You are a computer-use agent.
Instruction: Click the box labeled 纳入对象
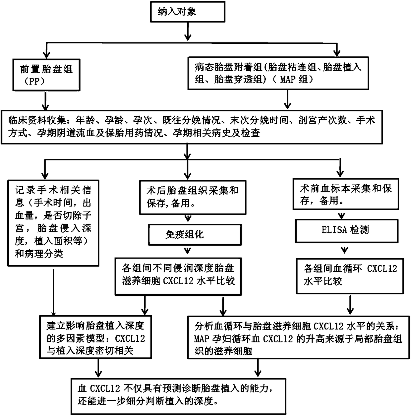pyautogui.click(x=188, y=12)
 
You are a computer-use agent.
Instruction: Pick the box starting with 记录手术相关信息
pyautogui.click(x=53, y=222)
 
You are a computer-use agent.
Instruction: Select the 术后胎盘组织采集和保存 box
pyautogui.click(x=192, y=197)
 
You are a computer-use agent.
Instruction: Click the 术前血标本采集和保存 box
pyautogui.click(x=346, y=194)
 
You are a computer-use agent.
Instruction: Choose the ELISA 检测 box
pyautogui.click(x=346, y=230)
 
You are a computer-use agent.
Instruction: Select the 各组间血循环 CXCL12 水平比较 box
pyautogui.click(x=350, y=275)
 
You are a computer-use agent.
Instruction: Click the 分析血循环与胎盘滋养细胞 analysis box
pyautogui.click(x=298, y=337)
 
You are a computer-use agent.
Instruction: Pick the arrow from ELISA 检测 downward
pyautogui.click(x=346, y=249)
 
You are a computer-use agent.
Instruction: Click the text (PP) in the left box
pyautogui.click(x=35, y=82)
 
